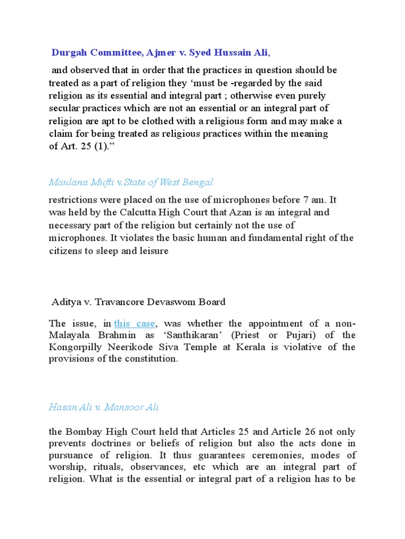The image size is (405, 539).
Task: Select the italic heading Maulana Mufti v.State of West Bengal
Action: [x=131, y=182]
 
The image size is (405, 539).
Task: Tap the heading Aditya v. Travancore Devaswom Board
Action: [x=139, y=302]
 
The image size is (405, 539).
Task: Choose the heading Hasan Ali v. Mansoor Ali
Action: [x=103, y=407]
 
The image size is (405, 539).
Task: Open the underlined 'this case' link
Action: [x=134, y=323]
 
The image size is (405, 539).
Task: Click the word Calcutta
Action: [x=138, y=213]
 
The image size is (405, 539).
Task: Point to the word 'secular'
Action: [x=66, y=108]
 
